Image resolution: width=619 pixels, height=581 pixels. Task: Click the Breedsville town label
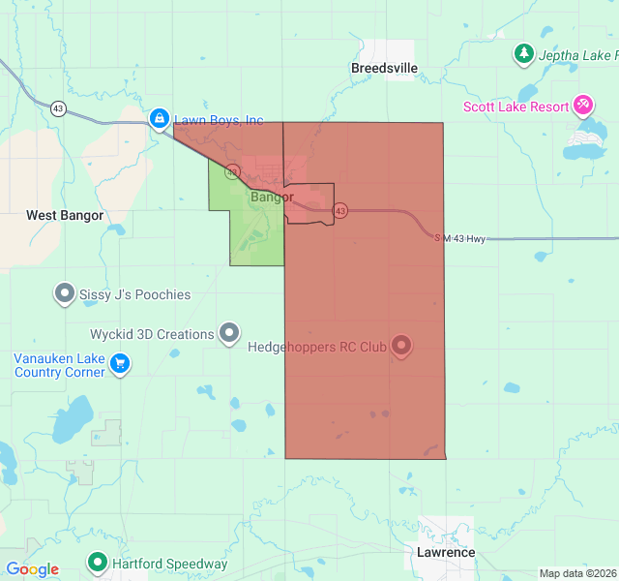point(384,68)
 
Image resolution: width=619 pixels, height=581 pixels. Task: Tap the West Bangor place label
point(65,215)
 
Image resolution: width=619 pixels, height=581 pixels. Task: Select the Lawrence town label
point(446,552)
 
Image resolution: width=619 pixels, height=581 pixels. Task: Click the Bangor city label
point(272,197)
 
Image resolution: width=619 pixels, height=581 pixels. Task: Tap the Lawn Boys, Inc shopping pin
point(159,118)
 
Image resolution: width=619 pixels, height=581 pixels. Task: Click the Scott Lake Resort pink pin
point(583,105)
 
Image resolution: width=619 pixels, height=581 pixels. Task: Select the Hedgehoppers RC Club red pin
point(400,346)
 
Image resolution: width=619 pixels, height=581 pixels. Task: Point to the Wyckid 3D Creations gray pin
point(229,333)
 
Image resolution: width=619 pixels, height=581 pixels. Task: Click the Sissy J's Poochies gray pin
point(65,292)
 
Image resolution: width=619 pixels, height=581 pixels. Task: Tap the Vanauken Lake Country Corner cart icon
point(120,363)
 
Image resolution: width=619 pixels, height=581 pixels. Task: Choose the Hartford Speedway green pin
point(97,562)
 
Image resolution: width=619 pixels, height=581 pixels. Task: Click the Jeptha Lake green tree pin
point(523,53)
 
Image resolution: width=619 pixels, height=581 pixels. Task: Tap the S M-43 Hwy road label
point(459,237)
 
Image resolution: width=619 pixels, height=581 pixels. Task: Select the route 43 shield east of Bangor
point(339,210)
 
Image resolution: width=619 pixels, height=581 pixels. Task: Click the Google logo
point(32,569)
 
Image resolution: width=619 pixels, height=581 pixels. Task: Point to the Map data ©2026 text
point(577,573)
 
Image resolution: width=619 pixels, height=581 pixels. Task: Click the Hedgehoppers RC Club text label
point(317,347)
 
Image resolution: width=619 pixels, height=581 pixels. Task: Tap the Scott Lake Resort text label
point(516,107)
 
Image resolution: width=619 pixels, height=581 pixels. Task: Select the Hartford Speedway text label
point(169,564)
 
